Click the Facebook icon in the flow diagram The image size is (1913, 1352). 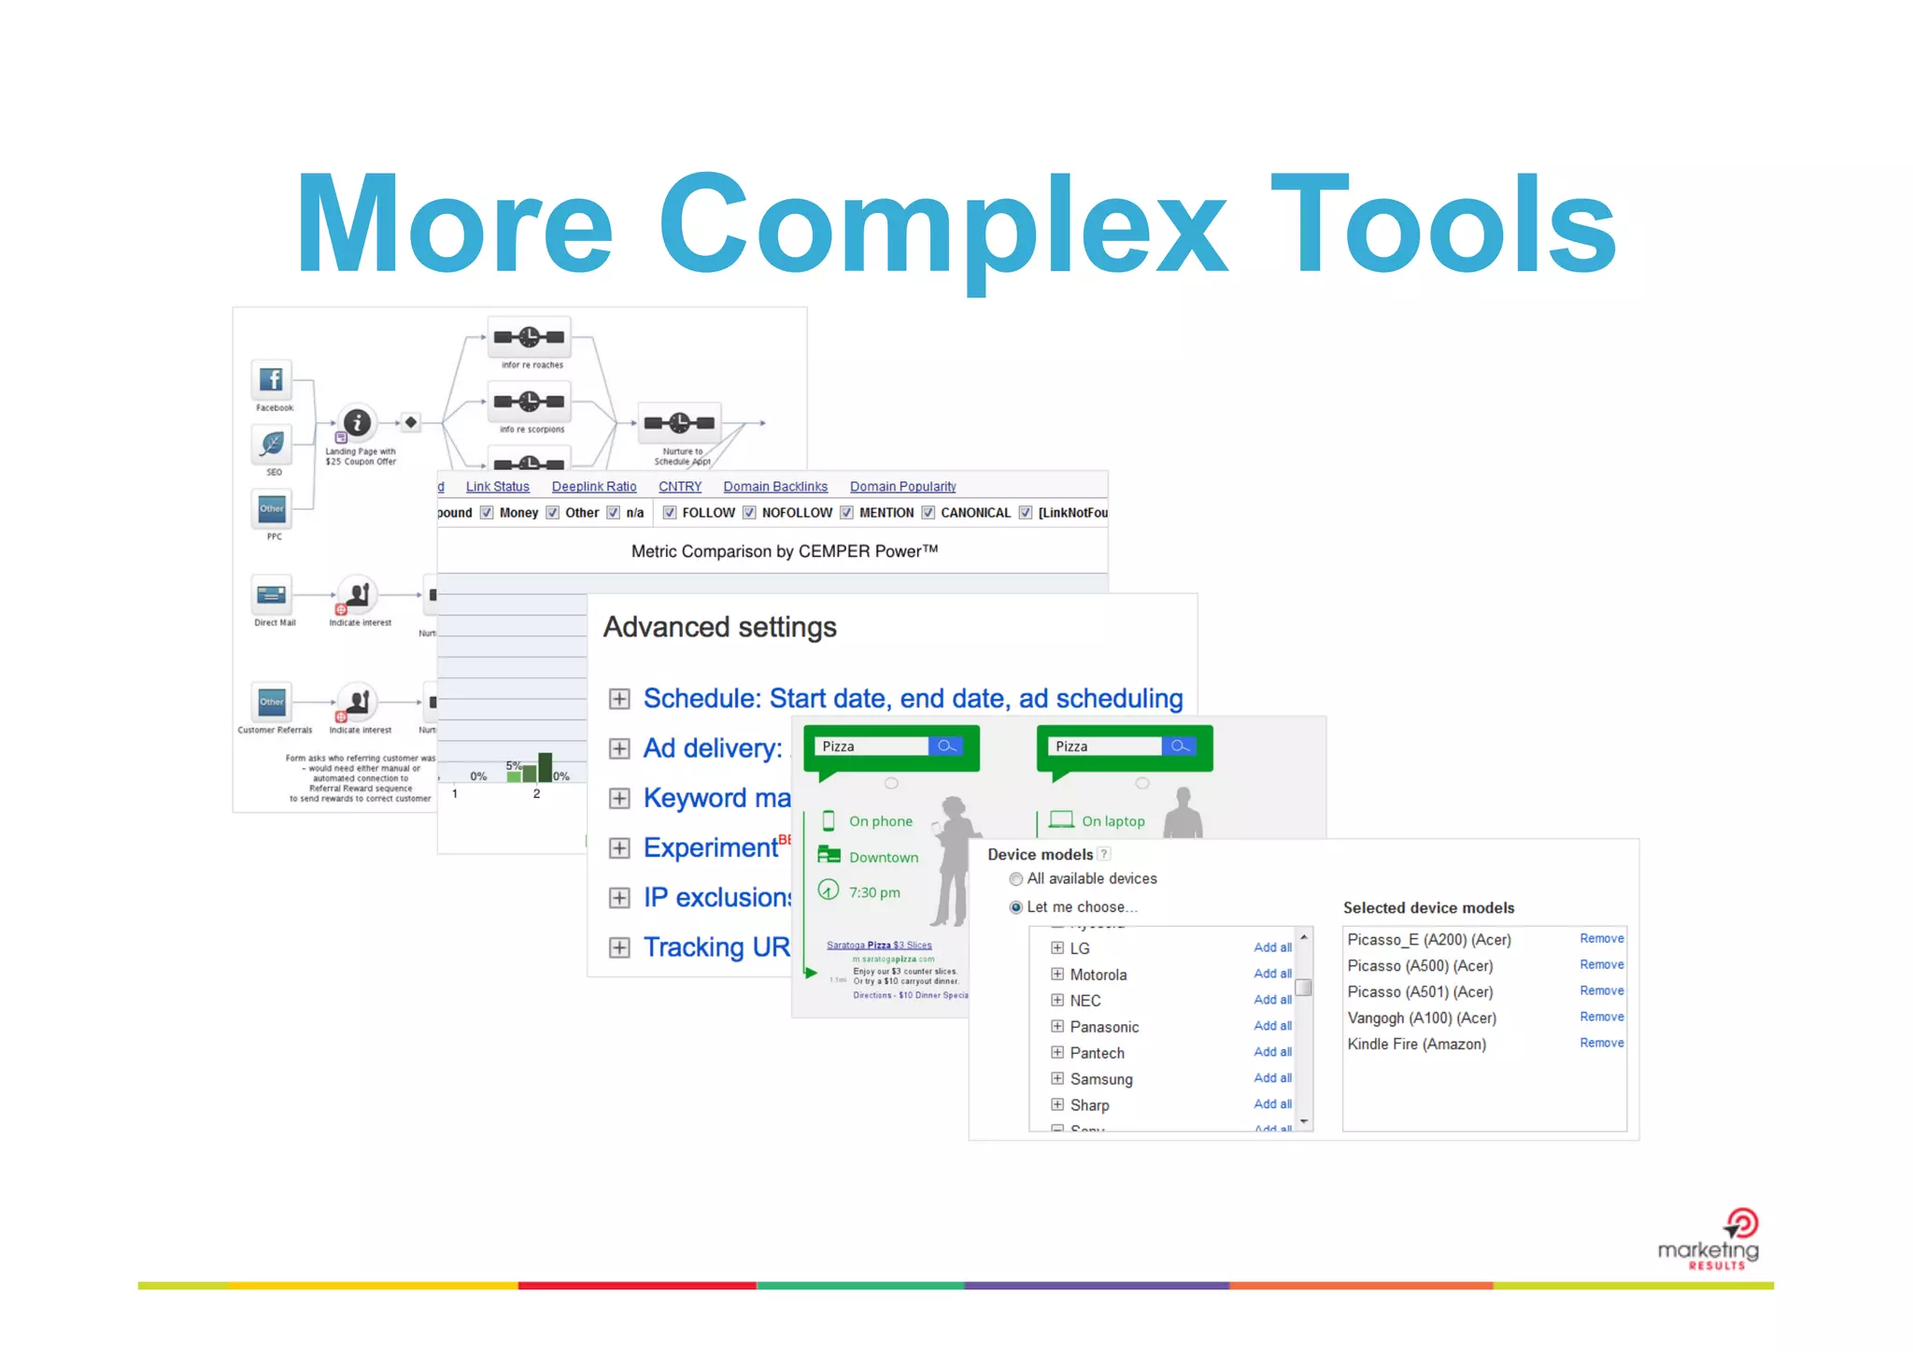tap(272, 379)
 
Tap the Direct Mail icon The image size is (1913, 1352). tap(272, 594)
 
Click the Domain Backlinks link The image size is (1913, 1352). tap(774, 487)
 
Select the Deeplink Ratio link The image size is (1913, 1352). tap(593, 487)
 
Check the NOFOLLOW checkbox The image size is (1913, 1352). tap(749, 513)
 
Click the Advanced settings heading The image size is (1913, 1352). tap(719, 627)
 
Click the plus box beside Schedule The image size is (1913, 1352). tap(618, 699)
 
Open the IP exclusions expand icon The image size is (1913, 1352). tap(618, 898)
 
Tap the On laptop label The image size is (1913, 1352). tap(1112, 821)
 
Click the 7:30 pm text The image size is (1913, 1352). tap(874, 892)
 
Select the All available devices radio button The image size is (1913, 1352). tap(1015, 879)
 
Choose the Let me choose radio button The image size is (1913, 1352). tap(1015, 907)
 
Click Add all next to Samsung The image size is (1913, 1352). tap(1272, 1078)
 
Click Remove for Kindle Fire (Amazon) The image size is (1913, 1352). tap(1601, 1043)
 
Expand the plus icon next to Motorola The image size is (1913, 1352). tap(1057, 975)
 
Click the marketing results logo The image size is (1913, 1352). tap(1709, 1241)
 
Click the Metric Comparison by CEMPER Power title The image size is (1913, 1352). tap(784, 551)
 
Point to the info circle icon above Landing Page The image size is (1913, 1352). tap(357, 422)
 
